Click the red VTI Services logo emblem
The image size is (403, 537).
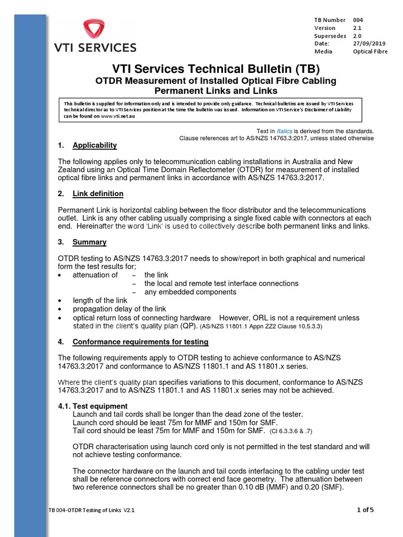click(95, 30)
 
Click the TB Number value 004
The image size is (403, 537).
click(358, 20)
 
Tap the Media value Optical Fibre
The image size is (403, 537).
click(370, 51)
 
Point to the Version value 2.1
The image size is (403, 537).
click(357, 28)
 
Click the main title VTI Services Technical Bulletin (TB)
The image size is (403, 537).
click(216, 69)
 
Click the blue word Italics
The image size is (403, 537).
click(284, 131)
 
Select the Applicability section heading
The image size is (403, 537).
click(94, 145)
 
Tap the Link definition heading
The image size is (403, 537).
click(98, 194)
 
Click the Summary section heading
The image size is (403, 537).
click(89, 242)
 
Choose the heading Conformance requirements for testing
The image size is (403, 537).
click(140, 342)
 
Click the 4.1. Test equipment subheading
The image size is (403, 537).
click(100, 406)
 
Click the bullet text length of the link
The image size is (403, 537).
click(100, 300)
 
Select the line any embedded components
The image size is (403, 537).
click(190, 292)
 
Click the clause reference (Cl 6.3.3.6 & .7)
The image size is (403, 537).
click(298, 431)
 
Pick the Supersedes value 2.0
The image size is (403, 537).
click(357, 36)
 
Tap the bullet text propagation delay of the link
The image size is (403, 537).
click(119, 309)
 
